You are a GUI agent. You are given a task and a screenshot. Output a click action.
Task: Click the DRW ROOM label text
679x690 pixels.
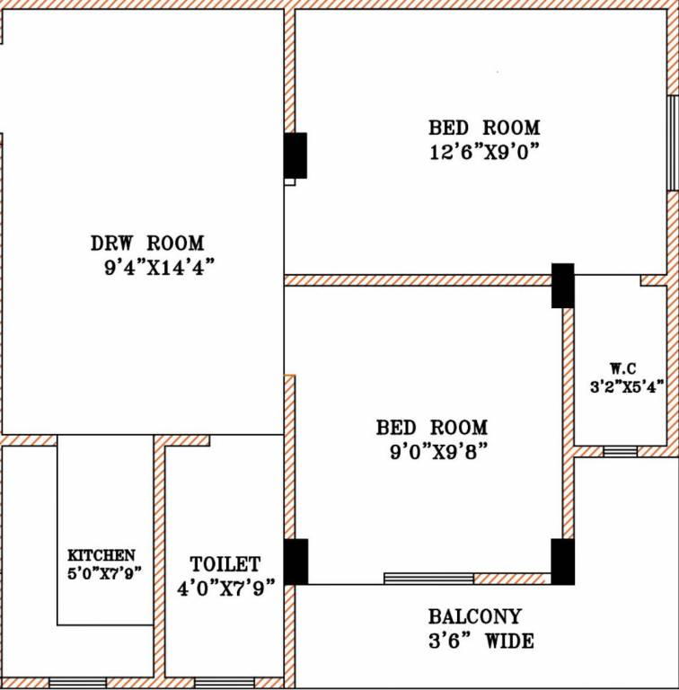pyautogui.click(x=147, y=243)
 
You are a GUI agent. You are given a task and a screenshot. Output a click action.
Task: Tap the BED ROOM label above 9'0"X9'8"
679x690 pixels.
pyautogui.click(x=432, y=427)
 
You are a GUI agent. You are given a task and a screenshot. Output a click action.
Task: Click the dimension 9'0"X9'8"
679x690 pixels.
pyautogui.click(x=432, y=452)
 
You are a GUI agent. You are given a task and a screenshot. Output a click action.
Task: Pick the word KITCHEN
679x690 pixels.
pyautogui.click(x=102, y=556)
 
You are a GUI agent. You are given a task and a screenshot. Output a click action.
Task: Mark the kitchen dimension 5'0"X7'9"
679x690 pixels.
pyautogui.click(x=104, y=571)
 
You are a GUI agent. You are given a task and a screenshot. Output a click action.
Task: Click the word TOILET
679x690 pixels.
pyautogui.click(x=225, y=564)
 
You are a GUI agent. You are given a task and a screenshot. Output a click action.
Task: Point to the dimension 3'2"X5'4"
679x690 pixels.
pyautogui.click(x=626, y=387)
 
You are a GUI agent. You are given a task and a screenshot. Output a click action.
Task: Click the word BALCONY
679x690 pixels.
pyautogui.click(x=474, y=617)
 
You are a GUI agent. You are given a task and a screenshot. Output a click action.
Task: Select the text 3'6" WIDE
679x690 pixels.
pyautogui.click(x=481, y=641)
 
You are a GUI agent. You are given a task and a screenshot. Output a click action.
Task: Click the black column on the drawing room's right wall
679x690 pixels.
pyautogui.click(x=295, y=155)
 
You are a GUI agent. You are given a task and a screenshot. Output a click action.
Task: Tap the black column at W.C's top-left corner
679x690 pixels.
pyautogui.click(x=562, y=285)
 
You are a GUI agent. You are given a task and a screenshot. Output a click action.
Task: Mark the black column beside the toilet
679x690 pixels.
pyautogui.click(x=295, y=562)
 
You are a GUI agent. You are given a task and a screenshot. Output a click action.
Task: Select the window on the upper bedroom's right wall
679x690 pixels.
pyautogui.click(x=672, y=143)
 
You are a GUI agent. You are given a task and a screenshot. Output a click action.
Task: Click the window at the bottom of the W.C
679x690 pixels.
pyautogui.click(x=620, y=451)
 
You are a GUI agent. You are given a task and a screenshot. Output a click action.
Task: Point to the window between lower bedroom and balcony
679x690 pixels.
pyautogui.click(x=428, y=578)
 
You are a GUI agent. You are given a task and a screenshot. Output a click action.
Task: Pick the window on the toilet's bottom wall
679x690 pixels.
pyautogui.click(x=224, y=683)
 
